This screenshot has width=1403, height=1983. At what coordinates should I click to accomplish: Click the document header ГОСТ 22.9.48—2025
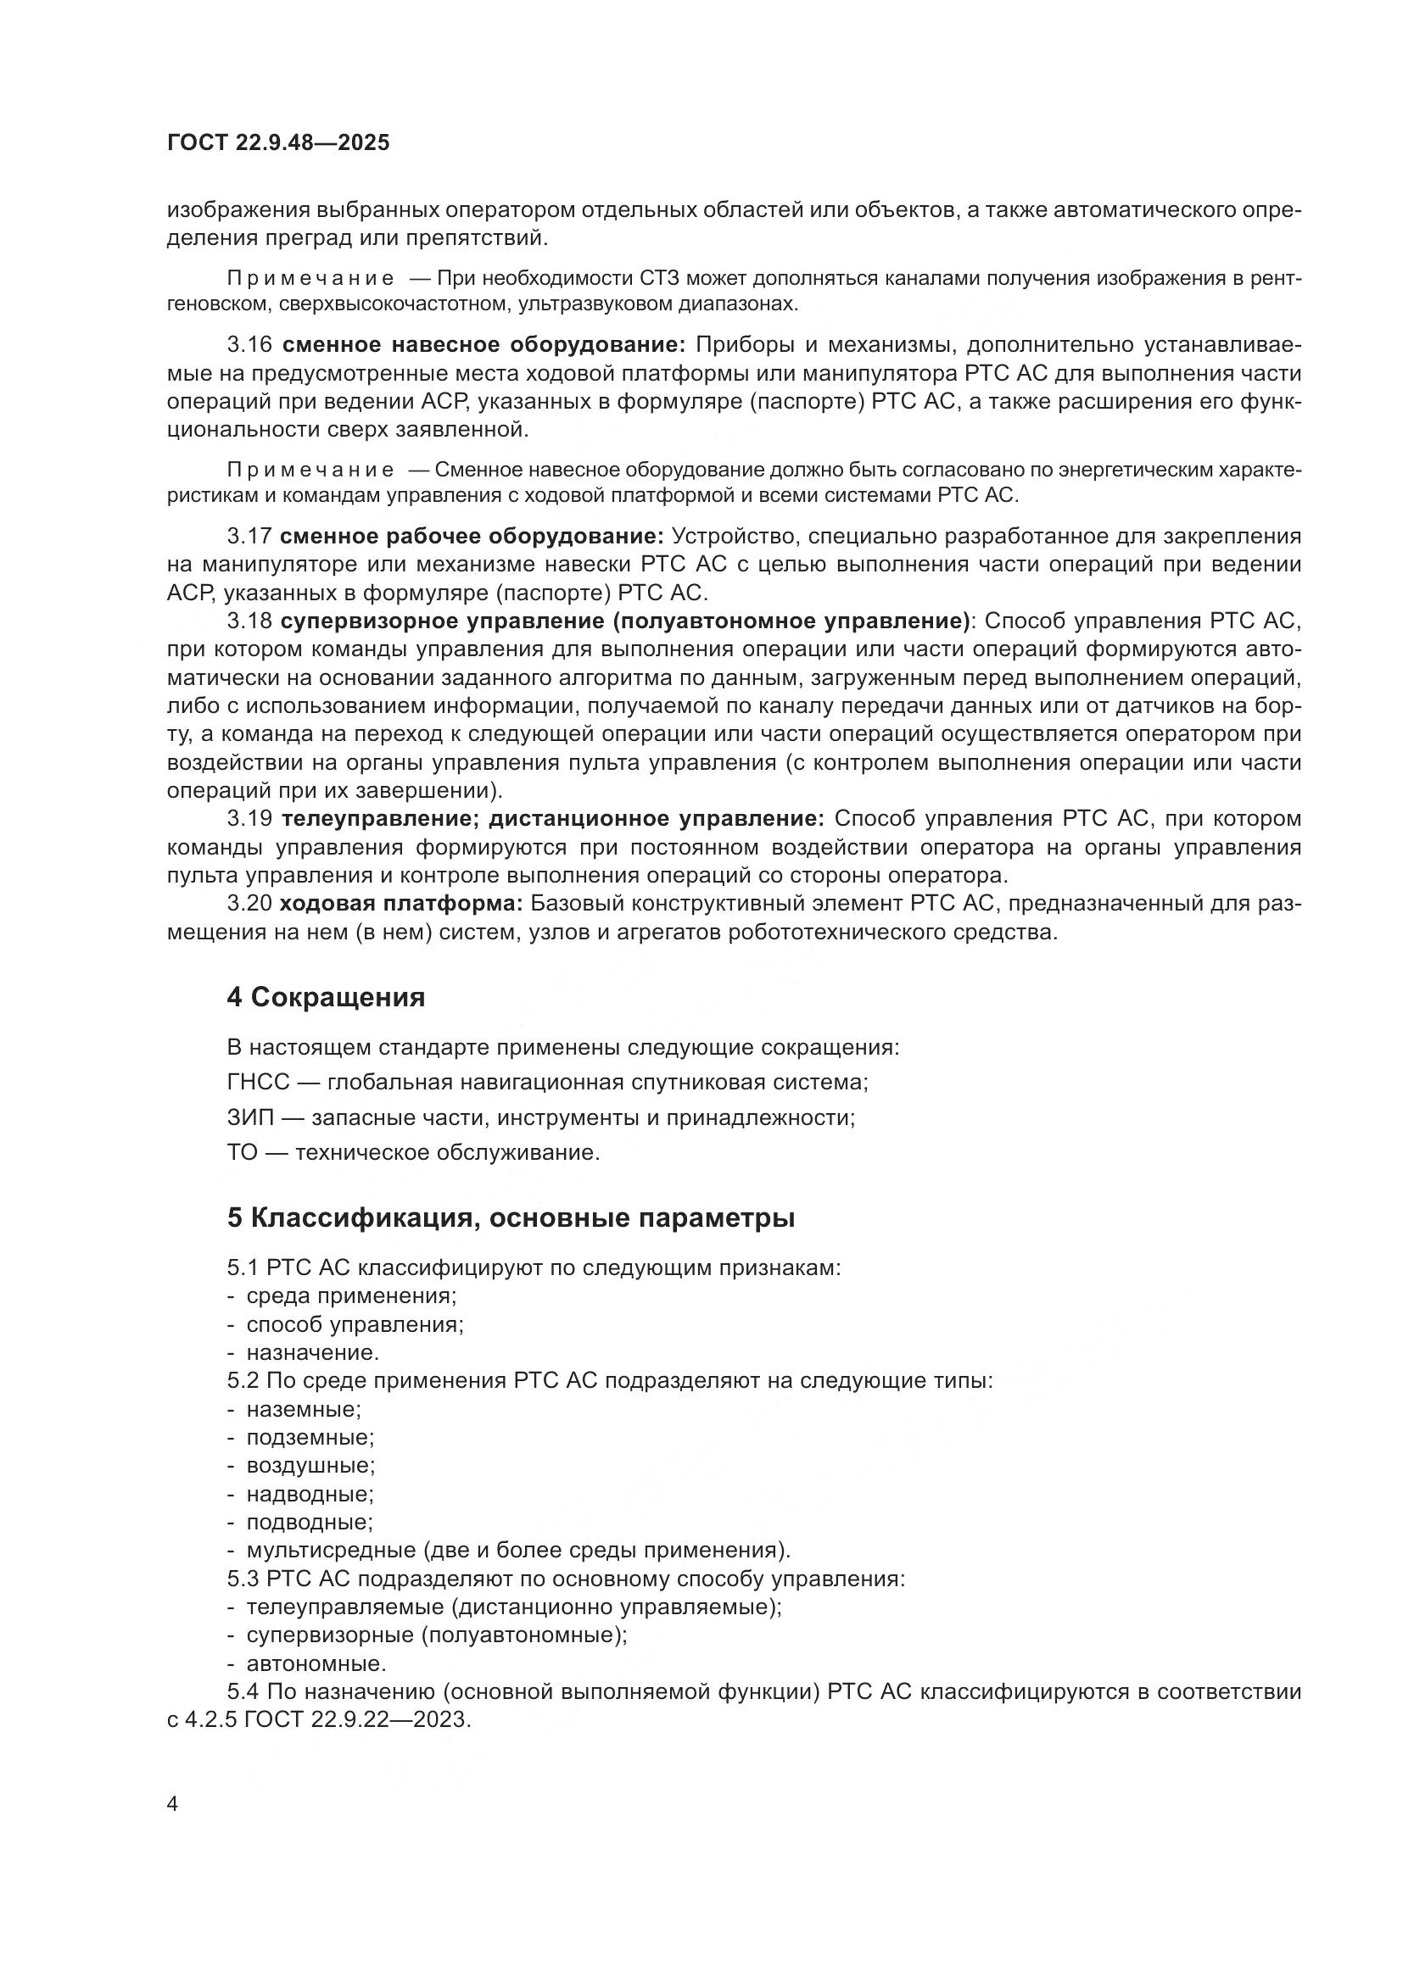tap(278, 142)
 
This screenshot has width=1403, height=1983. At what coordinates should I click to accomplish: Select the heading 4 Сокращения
tap(326, 998)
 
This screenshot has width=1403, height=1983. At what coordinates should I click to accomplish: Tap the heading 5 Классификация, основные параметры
tap(511, 1217)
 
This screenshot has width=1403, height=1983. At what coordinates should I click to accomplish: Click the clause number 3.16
tap(249, 344)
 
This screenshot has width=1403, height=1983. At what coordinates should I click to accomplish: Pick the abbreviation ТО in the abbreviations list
tap(243, 1153)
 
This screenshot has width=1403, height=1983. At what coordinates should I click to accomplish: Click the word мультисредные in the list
tap(330, 1551)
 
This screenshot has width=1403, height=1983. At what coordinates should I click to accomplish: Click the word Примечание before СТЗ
tap(311, 278)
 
